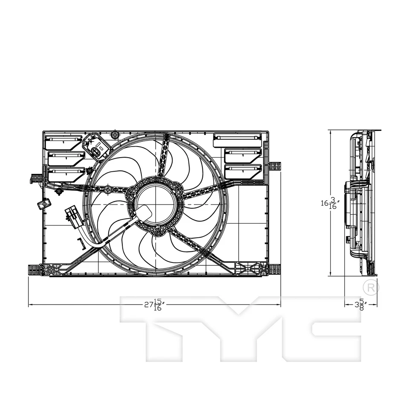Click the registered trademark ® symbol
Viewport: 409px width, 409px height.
tap(370, 287)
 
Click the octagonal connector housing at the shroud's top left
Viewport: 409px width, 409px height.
tap(96, 146)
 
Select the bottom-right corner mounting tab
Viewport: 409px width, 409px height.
tap(274, 269)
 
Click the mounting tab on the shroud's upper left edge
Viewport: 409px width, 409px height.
tap(37, 178)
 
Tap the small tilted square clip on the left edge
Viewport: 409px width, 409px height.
tap(44, 204)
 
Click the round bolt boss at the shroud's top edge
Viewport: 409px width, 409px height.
tap(114, 135)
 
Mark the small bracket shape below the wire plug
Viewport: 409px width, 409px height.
tap(80, 242)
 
